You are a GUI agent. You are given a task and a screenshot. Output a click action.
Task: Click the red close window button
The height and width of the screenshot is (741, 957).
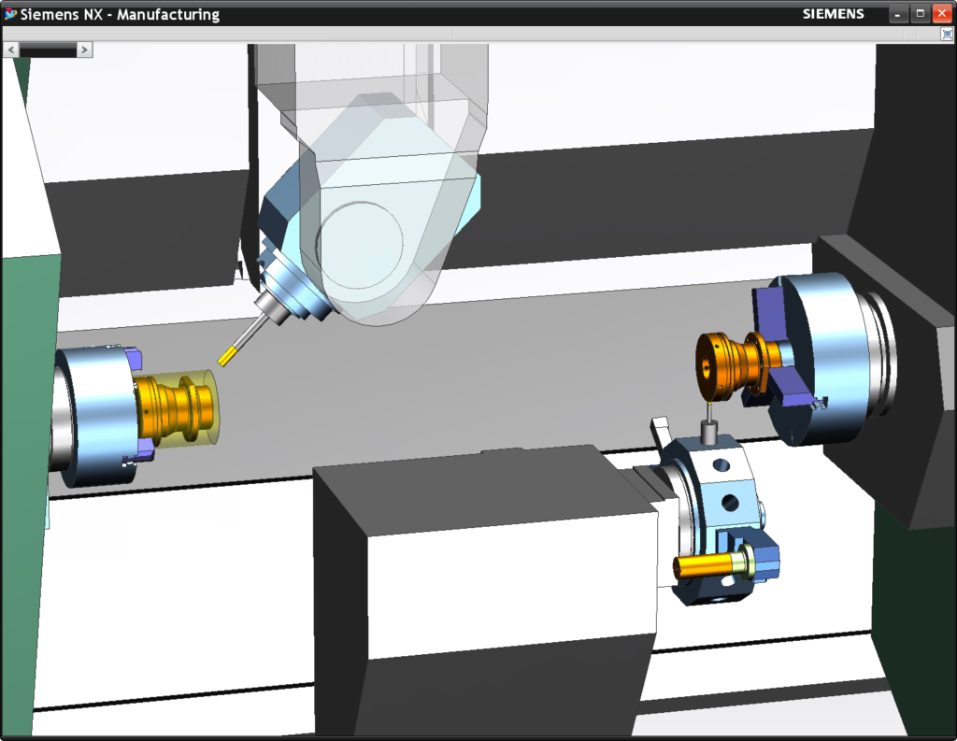(x=941, y=14)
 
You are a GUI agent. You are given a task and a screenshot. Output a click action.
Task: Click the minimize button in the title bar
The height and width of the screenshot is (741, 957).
(x=898, y=14)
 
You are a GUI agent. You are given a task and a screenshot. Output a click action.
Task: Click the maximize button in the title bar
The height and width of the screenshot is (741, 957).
(x=920, y=14)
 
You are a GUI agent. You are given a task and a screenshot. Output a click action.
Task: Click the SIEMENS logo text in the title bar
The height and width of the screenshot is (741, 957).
(x=834, y=14)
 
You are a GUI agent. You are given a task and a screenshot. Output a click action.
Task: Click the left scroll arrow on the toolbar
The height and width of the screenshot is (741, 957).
(x=11, y=49)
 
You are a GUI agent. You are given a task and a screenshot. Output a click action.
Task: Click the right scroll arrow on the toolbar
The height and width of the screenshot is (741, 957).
(x=84, y=49)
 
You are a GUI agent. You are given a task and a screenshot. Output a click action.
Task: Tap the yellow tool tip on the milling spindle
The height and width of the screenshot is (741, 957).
(x=228, y=355)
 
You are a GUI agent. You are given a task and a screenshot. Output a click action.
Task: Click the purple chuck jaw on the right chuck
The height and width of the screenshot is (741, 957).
(x=768, y=314)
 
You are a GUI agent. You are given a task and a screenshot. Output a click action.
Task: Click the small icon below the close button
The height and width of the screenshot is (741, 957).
(x=947, y=34)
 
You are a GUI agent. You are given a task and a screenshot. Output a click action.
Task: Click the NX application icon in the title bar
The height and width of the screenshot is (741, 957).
(x=11, y=14)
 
